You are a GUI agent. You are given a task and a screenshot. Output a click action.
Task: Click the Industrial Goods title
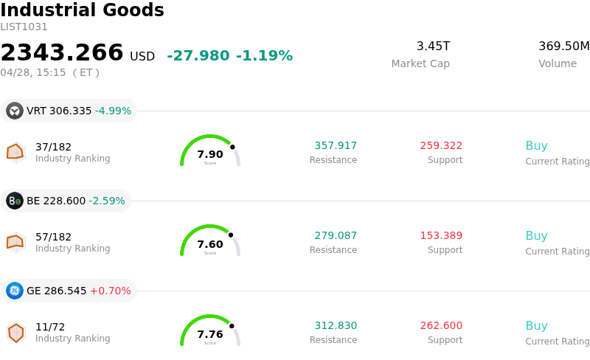tap(82, 11)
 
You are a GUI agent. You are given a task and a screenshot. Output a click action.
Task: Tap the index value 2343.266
tap(62, 53)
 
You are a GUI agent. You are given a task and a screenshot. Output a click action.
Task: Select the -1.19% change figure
tap(264, 56)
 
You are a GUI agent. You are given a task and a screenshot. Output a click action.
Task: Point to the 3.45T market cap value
tap(433, 46)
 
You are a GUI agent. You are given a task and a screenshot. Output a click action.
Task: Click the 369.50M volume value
tap(563, 46)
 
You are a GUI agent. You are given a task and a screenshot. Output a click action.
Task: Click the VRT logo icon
tap(15, 111)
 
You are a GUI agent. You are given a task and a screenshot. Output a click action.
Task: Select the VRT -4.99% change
tap(113, 111)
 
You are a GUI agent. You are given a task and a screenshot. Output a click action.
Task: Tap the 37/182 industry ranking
tap(53, 147)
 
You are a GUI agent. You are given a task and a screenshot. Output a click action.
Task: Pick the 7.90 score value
tap(210, 154)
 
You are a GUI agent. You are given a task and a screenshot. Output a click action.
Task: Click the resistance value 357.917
tap(336, 145)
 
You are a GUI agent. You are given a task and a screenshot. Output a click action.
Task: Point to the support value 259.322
tap(441, 145)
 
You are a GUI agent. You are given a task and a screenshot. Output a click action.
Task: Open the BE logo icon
tap(15, 201)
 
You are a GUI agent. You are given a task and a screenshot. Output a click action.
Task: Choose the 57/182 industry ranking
tap(53, 237)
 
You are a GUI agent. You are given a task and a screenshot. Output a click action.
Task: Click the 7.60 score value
tap(210, 244)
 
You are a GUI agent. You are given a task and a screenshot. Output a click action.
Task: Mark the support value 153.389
tap(441, 235)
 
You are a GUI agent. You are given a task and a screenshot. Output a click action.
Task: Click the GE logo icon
tap(15, 291)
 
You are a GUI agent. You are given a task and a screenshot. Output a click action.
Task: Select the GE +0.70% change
tap(110, 291)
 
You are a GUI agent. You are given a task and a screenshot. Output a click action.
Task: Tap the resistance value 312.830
tap(336, 325)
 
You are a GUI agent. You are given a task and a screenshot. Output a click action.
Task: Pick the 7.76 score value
tap(210, 334)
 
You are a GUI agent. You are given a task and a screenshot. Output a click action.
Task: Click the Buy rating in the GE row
tap(536, 325)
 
